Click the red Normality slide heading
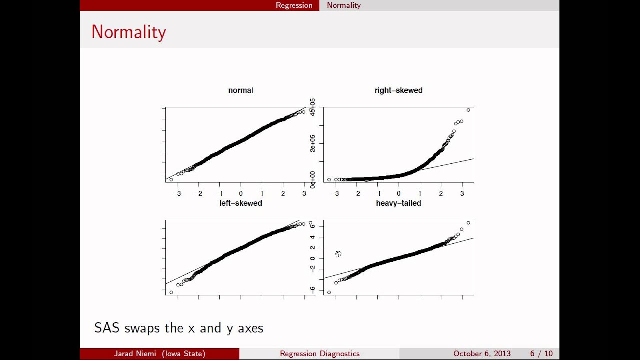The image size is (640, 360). (128, 32)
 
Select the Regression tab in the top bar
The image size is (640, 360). (294, 5)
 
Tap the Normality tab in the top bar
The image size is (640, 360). (343, 5)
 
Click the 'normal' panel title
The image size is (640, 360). (240, 90)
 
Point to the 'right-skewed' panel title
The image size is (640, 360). (398, 90)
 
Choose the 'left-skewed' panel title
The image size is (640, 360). (240, 203)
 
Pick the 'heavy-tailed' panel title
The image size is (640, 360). (398, 203)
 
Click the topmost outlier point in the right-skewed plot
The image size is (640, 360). (468, 110)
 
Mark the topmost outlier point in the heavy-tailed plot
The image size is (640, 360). (468, 223)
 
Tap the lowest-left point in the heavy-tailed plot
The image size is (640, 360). (329, 292)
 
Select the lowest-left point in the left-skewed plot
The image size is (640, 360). (171, 292)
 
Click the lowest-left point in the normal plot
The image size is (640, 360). (171, 179)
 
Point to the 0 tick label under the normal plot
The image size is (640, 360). (240, 194)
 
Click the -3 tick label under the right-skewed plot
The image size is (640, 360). (335, 194)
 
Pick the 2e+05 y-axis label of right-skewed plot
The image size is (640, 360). (313, 143)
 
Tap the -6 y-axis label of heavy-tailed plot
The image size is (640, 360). (313, 289)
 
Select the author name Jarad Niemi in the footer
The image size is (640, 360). (137, 354)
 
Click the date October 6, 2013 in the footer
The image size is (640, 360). (482, 354)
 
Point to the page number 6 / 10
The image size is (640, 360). (541, 354)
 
